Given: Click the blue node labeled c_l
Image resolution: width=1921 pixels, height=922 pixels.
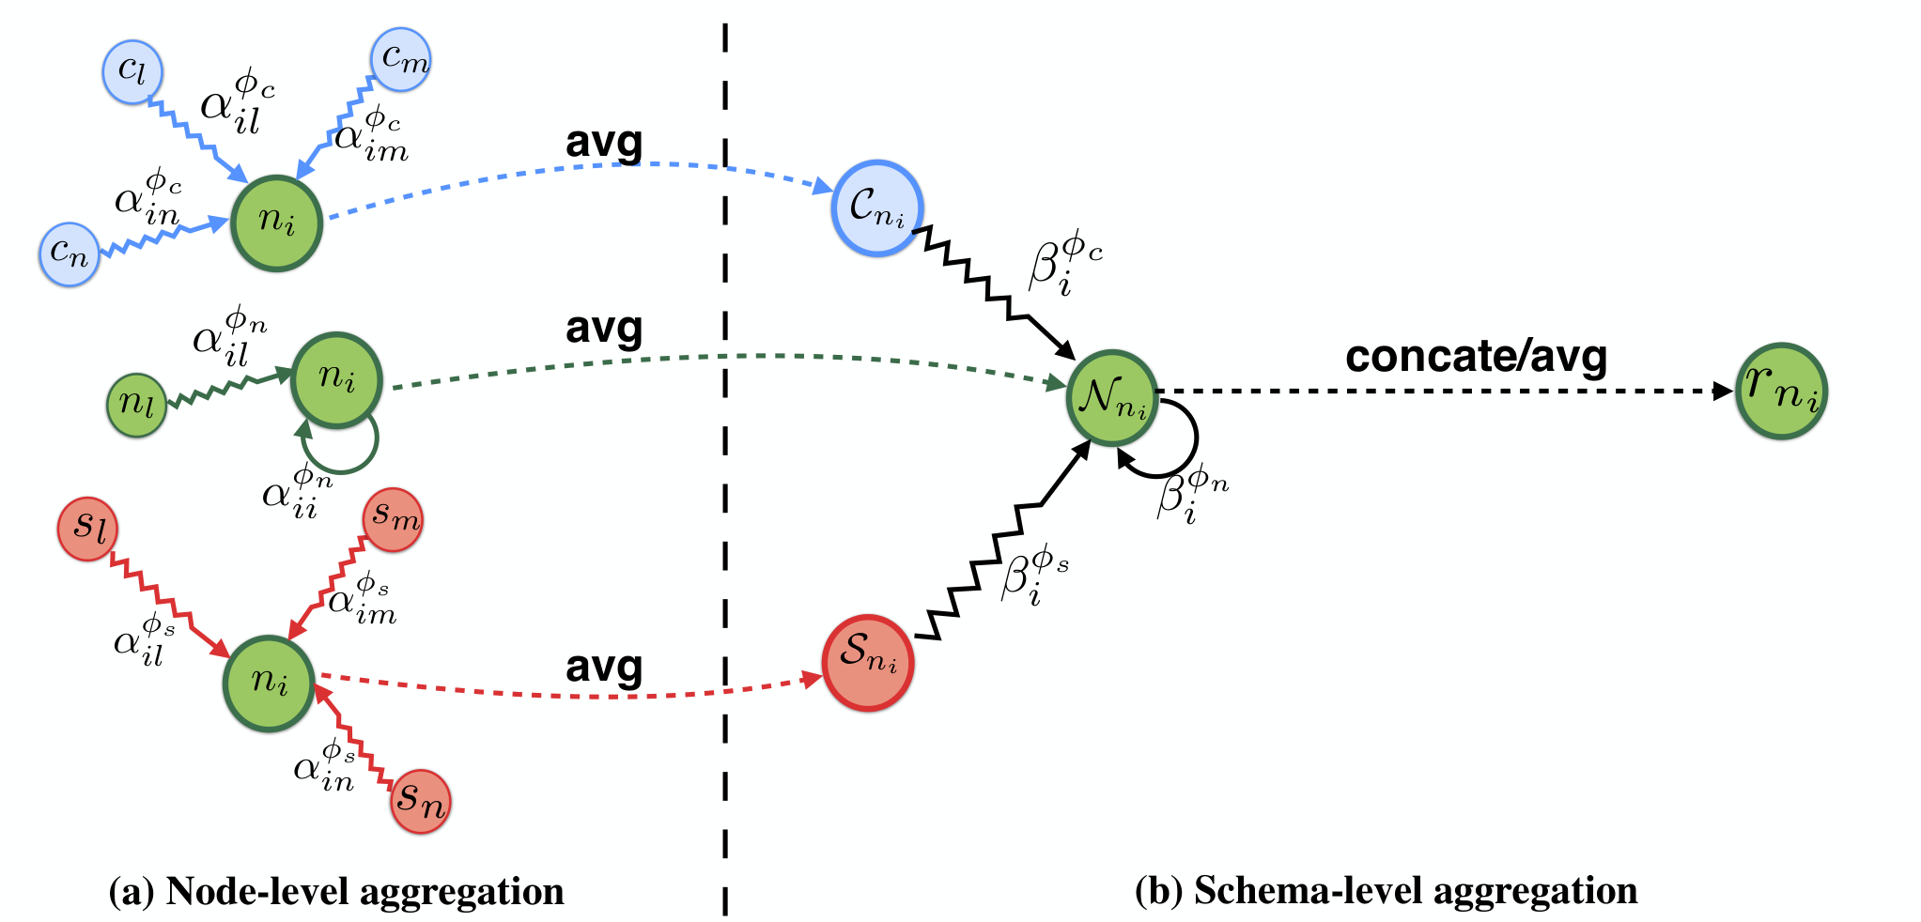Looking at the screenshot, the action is click(x=132, y=72).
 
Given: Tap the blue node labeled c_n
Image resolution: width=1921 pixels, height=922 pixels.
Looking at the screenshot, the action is click(x=70, y=254).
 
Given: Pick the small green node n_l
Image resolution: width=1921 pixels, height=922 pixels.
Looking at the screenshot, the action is click(x=137, y=405).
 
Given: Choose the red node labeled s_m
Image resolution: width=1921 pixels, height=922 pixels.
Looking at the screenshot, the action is click(x=393, y=519).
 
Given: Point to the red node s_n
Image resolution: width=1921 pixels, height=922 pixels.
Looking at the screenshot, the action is click(x=420, y=801).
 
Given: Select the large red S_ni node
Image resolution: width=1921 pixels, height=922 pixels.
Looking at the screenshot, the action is click(x=868, y=663).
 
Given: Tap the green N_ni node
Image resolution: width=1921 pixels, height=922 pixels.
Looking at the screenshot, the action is click(x=1112, y=397).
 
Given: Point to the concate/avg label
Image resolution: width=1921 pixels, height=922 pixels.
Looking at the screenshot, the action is click(x=1476, y=357).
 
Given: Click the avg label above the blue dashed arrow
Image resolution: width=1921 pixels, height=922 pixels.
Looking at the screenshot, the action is click(x=604, y=143).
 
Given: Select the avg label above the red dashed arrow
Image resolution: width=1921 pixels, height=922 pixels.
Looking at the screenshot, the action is click(x=604, y=668).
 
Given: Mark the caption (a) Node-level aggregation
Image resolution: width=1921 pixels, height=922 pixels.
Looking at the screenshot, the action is click(x=336, y=891).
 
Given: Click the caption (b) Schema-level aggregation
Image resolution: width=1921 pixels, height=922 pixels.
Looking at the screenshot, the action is click(x=1387, y=891).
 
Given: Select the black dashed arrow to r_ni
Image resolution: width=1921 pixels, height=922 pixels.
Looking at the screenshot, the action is click(x=1445, y=392).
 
